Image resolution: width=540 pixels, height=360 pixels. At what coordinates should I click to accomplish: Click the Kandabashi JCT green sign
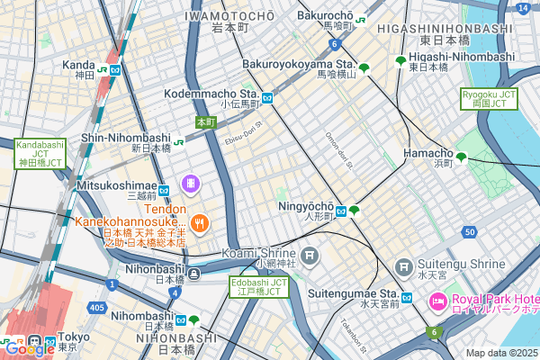[40, 153]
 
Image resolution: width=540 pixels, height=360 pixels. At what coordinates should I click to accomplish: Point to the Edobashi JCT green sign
[258, 286]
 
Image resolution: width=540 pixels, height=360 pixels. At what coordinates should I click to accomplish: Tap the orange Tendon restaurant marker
[201, 220]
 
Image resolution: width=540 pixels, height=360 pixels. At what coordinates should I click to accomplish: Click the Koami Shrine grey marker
[310, 257]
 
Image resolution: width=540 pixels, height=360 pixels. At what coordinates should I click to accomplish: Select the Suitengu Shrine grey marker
[403, 268]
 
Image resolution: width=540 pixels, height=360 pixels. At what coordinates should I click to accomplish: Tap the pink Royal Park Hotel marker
[439, 301]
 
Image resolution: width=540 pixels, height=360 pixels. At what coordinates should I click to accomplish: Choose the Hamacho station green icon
[461, 157]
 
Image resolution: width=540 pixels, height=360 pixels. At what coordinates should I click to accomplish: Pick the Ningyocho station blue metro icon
[341, 211]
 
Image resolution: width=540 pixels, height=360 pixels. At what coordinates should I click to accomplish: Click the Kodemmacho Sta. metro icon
[268, 97]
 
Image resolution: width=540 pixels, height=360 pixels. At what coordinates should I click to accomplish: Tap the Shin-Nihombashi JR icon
[179, 140]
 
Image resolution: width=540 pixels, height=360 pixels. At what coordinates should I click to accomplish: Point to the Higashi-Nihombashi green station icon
[401, 61]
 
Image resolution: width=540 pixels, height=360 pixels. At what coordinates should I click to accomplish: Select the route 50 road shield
[470, 232]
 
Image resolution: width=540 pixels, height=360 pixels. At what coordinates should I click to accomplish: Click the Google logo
[29, 350]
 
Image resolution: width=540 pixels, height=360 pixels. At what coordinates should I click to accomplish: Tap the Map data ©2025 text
[501, 353]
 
